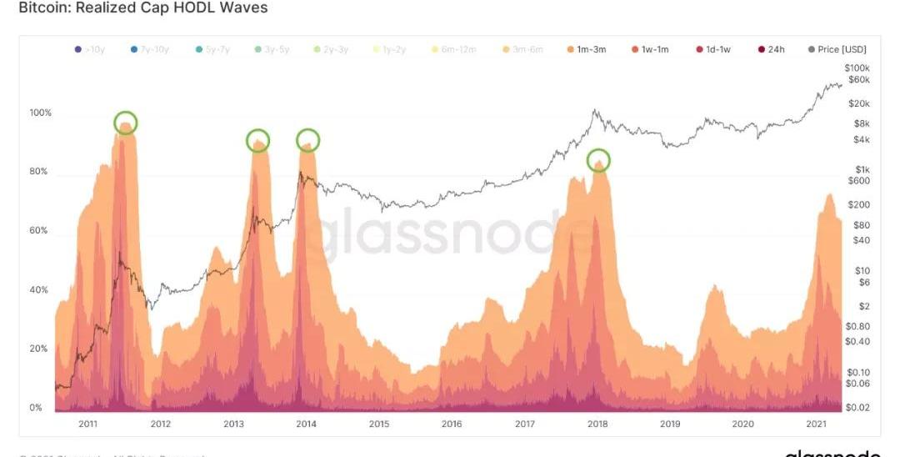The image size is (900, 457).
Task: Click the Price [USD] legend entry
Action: tap(840, 50)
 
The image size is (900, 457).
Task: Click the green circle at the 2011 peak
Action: tap(125, 123)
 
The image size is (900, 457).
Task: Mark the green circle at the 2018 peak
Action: tap(598, 160)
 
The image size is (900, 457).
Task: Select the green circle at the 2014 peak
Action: tap(307, 139)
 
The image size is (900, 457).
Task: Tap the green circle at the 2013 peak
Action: tap(258, 140)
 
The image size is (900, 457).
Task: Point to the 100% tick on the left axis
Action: tap(41, 113)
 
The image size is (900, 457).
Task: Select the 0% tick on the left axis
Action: tap(36, 408)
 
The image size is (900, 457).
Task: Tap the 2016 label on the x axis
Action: tap(452, 424)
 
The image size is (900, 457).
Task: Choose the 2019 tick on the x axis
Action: tap(670, 424)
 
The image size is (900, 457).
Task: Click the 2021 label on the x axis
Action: tap(815, 424)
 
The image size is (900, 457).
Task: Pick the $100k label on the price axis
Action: tap(857, 68)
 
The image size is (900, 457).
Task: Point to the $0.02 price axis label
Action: tap(857, 407)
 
